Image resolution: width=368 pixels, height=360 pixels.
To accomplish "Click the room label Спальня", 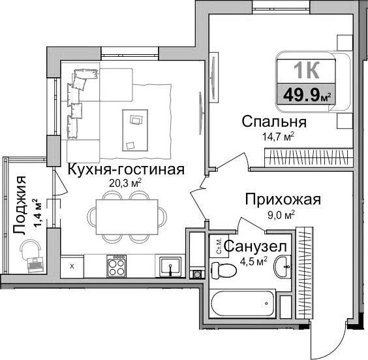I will point(273,122).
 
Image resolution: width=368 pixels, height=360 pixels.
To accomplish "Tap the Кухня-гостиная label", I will point(126,169).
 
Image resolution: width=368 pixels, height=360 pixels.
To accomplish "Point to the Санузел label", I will point(255,247).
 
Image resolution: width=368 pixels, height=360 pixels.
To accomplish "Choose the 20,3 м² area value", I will point(126,184).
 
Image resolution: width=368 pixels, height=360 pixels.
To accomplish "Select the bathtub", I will point(245,304).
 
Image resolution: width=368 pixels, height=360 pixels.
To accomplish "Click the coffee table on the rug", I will point(136,122).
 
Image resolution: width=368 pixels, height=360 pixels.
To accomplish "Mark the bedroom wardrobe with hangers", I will point(309,157).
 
